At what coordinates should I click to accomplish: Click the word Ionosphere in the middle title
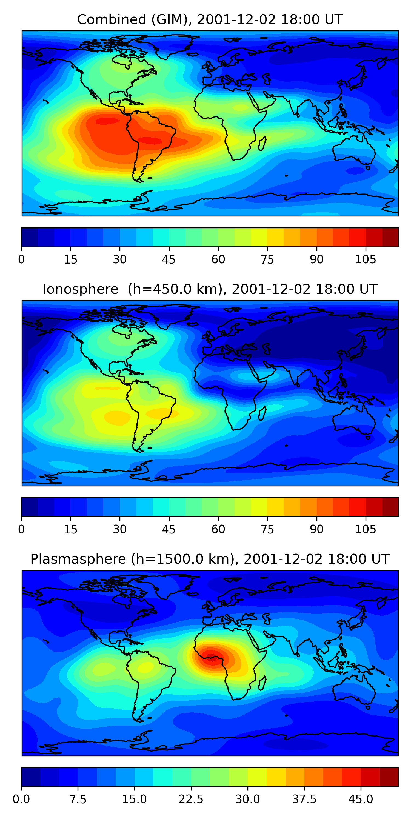(80, 289)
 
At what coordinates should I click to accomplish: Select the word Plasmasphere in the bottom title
(78, 559)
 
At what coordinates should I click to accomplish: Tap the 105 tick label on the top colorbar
(366, 260)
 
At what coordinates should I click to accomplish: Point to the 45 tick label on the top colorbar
(169, 260)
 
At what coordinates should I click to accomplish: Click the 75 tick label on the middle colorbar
(267, 529)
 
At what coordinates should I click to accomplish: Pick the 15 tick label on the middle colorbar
(70, 529)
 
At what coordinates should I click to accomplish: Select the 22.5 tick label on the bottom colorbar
(191, 799)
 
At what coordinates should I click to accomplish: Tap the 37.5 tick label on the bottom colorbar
(304, 799)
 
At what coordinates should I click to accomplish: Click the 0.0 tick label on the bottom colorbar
(21, 799)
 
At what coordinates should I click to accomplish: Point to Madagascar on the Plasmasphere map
(262, 683)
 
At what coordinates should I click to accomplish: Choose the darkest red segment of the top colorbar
(390, 237)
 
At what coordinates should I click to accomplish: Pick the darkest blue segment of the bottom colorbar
(31, 777)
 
